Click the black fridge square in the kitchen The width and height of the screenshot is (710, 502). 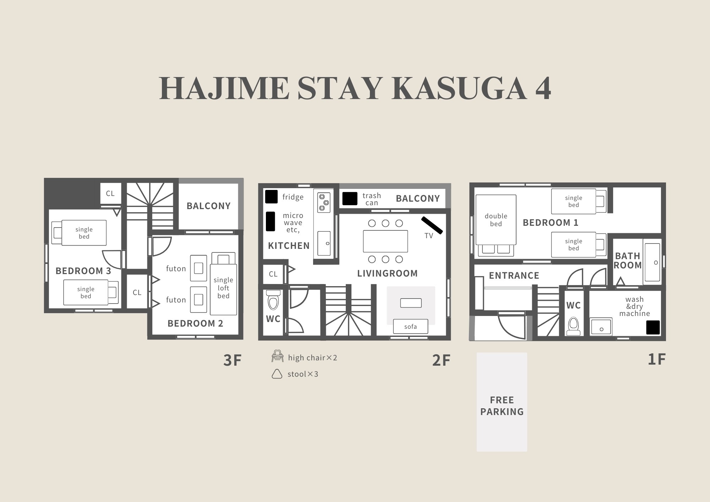click(x=271, y=197)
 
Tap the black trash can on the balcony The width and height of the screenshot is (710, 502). click(x=350, y=199)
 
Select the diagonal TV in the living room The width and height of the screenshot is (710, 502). click(x=432, y=225)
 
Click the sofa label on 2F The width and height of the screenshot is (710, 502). click(x=410, y=327)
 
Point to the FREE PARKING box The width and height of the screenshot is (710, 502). click(x=502, y=402)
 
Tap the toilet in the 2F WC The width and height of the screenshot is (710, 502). click(x=273, y=300)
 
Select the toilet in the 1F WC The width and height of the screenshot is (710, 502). click(x=573, y=326)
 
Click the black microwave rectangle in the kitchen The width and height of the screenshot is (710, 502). click(x=271, y=222)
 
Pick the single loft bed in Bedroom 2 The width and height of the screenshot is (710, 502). click(x=223, y=284)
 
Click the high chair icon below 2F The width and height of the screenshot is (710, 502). click(x=278, y=356)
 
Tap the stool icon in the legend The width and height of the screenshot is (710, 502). click(x=277, y=374)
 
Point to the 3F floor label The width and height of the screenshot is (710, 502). click(x=233, y=360)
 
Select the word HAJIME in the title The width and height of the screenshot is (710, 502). click(x=224, y=88)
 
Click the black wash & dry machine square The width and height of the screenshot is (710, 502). click(x=653, y=327)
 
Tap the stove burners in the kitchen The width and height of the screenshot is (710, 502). click(x=324, y=202)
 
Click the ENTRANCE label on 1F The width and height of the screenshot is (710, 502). click(x=514, y=275)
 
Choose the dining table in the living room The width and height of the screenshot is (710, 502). click(x=386, y=241)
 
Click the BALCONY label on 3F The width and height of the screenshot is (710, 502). click(x=209, y=206)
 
